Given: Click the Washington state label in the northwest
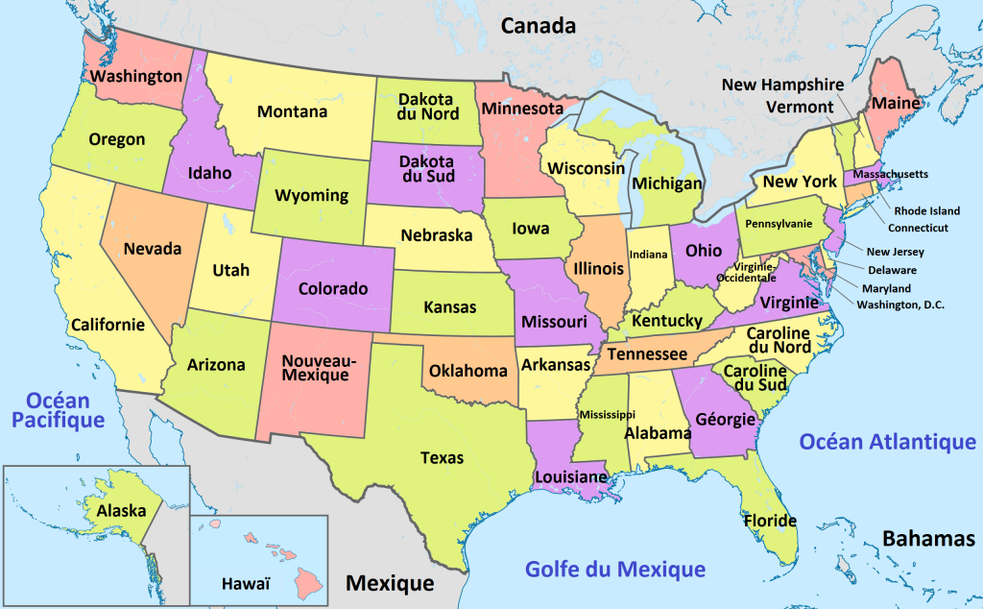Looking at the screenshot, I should pyautogui.click(x=135, y=75).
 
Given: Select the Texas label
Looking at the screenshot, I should pyautogui.click(x=442, y=458).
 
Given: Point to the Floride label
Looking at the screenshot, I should pyautogui.click(x=770, y=522).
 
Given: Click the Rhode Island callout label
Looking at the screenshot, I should pyautogui.click(x=926, y=210).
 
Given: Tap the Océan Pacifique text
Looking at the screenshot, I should pyautogui.click(x=64, y=409).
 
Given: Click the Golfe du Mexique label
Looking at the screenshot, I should pyautogui.click(x=614, y=569).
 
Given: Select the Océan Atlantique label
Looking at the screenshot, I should pyautogui.click(x=887, y=442).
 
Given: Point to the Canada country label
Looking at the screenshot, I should pyautogui.click(x=538, y=26).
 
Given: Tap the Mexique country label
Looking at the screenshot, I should pyautogui.click(x=390, y=582).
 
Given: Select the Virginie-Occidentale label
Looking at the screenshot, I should pyautogui.click(x=755, y=272).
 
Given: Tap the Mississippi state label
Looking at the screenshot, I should pyautogui.click(x=607, y=414).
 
